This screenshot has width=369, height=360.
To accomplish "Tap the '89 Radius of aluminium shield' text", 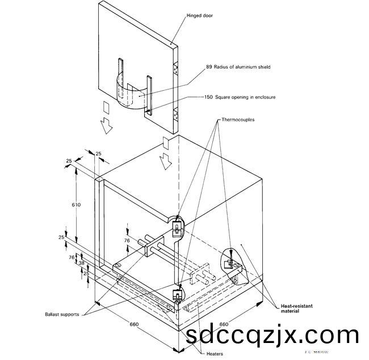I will pyautogui.click(x=238, y=67).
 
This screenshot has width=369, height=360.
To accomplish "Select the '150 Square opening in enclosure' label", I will pyautogui.click(x=240, y=98).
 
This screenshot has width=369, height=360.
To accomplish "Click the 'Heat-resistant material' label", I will pyautogui.click(x=296, y=308).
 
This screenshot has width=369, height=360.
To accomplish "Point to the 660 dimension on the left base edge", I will pyautogui.click(x=135, y=325).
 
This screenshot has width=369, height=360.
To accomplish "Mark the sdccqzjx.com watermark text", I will pyautogui.click(x=272, y=335).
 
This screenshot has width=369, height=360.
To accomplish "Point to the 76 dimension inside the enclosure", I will pyautogui.click(x=128, y=240).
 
